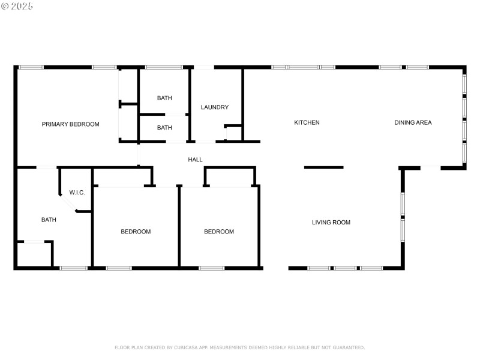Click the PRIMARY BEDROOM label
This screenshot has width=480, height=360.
pos(70,124)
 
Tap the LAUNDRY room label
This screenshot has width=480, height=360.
pos(214,107)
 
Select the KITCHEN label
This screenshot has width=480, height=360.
pos(307,122)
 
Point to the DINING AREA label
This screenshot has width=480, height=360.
pos(413,122)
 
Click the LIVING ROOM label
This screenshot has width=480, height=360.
pos(331,223)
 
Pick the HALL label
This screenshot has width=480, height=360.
pos(195,160)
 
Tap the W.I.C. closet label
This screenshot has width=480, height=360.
pos(77,193)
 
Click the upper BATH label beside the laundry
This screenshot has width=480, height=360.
pos(164,98)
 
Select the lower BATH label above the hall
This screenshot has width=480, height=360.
pos(164,128)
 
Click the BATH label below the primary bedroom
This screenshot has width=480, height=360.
pos(49,220)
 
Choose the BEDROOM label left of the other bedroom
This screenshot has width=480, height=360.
pos(136,232)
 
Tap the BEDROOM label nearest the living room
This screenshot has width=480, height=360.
pos(219,232)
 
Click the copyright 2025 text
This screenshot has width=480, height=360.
pos(17,6)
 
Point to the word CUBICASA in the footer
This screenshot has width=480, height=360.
pos(187,347)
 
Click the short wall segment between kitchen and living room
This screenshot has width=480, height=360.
pos(324,167)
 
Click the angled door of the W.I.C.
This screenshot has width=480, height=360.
pos(71,206)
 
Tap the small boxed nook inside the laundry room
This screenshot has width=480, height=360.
pos(233,133)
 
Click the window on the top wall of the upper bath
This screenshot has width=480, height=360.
pos(164,67)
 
